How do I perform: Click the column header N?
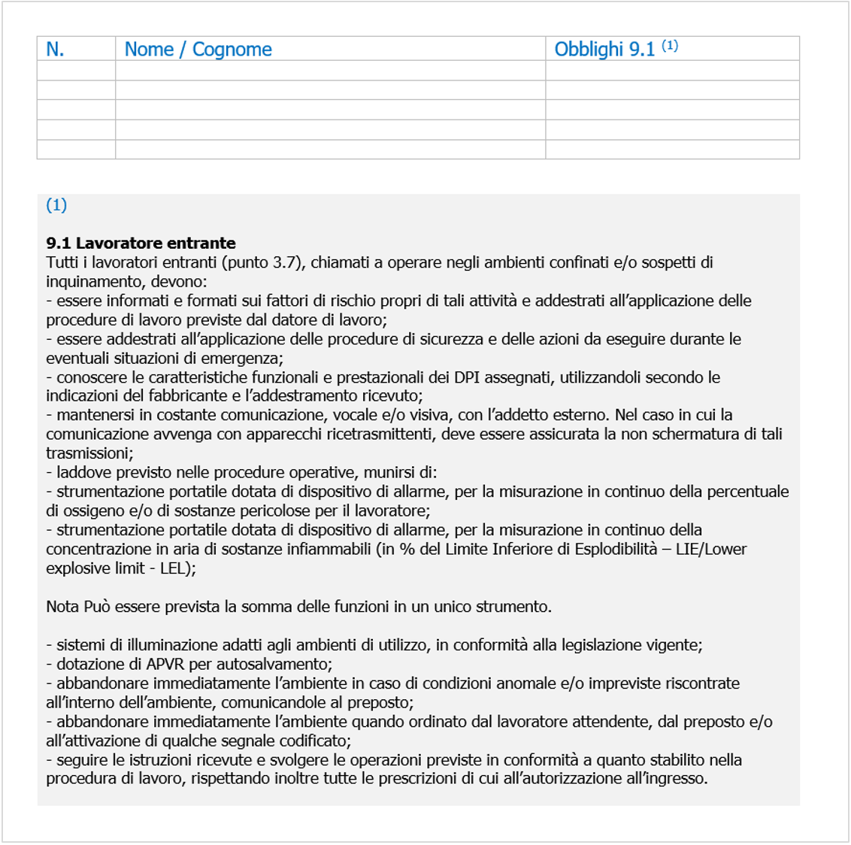tap(55, 50)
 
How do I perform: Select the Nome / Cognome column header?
tap(198, 50)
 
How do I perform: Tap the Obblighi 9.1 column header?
tap(604, 50)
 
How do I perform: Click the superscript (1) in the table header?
tap(670, 46)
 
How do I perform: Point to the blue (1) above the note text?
tap(56, 205)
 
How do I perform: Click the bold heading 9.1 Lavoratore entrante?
tap(141, 244)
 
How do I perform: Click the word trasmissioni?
tap(89, 453)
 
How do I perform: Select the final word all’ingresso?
tap(667, 779)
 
